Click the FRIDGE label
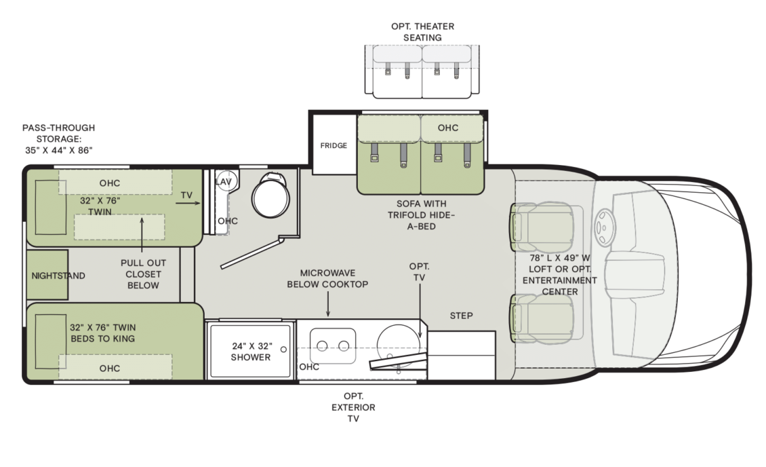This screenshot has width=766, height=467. point(334,146)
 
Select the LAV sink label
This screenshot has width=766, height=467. point(224,182)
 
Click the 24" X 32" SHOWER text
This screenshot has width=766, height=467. point(251,351)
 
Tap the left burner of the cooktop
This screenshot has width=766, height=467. point(323,346)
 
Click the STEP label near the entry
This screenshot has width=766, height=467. point(461,316)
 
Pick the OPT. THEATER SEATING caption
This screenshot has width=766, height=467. point(422,32)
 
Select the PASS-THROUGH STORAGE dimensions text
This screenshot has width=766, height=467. point(58,138)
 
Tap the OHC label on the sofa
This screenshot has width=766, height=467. point(447,128)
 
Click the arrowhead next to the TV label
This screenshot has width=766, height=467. point(199,202)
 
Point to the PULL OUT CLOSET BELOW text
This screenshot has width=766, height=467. point(143,274)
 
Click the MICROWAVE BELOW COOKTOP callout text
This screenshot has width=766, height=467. point(327,278)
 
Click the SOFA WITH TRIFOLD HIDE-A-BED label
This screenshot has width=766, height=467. point(422,214)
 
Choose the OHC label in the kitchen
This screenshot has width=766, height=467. point(309,367)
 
